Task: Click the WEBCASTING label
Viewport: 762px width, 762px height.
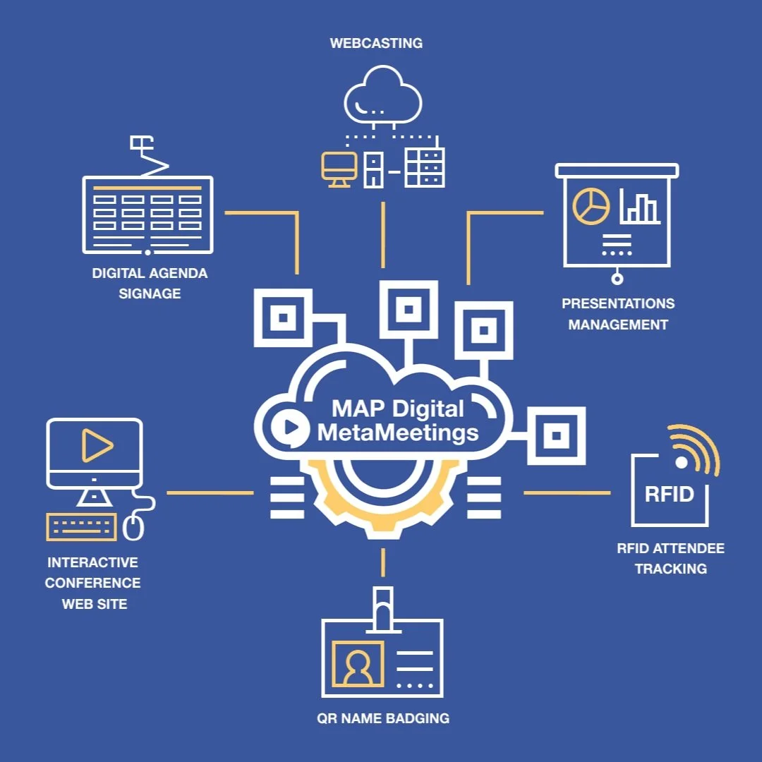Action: (376, 43)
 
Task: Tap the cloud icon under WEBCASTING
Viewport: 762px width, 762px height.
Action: (383, 95)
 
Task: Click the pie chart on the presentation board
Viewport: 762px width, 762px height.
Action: (591, 206)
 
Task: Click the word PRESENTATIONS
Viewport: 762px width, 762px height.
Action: (618, 304)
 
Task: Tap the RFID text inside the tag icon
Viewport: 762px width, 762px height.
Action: (669, 494)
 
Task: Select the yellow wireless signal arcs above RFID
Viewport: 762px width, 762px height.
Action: (695, 449)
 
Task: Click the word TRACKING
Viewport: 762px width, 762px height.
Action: (670, 569)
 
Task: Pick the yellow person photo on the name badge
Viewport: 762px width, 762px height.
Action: (358, 664)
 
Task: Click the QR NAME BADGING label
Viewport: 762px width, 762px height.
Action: (383, 718)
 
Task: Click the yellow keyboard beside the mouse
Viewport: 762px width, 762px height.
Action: (81, 526)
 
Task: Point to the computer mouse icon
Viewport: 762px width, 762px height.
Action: (134, 527)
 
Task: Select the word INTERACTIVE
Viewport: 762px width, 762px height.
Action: (92, 563)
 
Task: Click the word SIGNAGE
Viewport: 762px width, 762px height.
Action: (150, 294)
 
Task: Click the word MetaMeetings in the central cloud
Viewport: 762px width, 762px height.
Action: (398, 431)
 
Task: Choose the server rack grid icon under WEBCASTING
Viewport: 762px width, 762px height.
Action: (424, 168)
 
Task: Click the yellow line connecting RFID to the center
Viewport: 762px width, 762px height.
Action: (567, 492)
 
